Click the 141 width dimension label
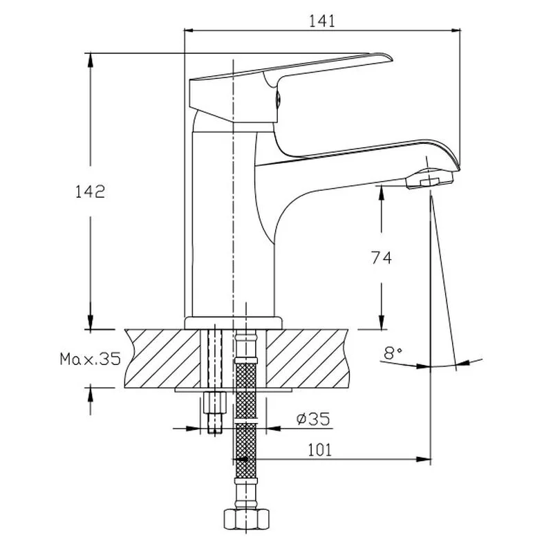322,21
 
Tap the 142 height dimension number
90,191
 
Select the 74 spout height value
381,258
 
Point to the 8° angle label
393,354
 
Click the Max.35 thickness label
90,359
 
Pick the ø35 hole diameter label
312,418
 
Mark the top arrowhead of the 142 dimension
90,58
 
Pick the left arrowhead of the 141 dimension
188,30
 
